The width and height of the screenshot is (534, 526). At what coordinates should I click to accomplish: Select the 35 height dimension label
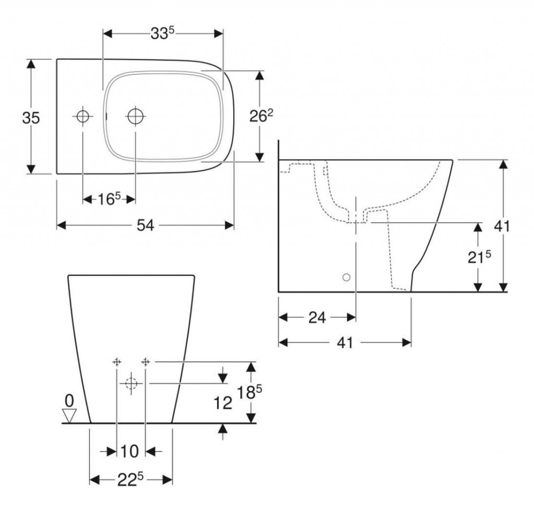click(31, 118)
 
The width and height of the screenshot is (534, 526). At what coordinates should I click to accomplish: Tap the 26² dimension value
click(261, 116)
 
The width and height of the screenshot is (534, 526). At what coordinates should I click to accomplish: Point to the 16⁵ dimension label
click(109, 199)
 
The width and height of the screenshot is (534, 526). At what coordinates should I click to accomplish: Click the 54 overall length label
click(145, 225)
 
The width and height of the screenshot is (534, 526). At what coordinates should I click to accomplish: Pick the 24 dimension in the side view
click(317, 317)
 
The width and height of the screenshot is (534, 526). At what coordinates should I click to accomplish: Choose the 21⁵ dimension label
click(479, 257)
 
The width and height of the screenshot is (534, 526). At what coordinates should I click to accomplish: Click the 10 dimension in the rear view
click(130, 452)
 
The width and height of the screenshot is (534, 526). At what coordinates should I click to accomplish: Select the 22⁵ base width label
click(130, 480)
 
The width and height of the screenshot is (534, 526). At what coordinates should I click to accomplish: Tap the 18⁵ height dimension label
click(249, 392)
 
